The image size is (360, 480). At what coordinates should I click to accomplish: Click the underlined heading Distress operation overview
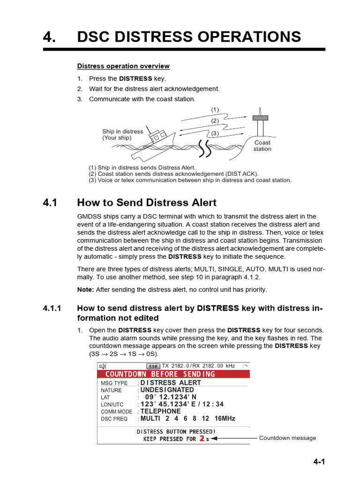pyautogui.click(x=123, y=66)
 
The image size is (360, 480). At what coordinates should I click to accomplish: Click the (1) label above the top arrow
pyautogui.click(x=215, y=110)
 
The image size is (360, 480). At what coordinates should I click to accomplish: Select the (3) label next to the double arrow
pyautogui.click(x=215, y=134)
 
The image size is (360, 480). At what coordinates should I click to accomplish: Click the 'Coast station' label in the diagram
pyautogui.click(x=262, y=146)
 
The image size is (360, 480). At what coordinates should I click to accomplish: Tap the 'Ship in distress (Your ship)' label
pyautogui.click(x=122, y=135)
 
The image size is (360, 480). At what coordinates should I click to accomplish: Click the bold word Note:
pyautogui.click(x=86, y=290)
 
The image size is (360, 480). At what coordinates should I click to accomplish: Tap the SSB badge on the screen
pyautogui.click(x=153, y=366)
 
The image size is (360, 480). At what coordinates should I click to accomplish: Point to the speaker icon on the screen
pyautogui.click(x=102, y=366)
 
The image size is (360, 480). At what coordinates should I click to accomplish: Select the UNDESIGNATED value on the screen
pyautogui.click(x=167, y=390)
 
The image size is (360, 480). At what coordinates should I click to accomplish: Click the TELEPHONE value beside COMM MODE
pyautogui.click(x=160, y=411)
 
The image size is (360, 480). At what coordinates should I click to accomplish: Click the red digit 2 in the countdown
pyautogui.click(x=202, y=439)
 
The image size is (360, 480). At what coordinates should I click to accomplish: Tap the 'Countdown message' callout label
pyautogui.click(x=287, y=438)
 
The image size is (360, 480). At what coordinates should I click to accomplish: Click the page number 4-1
pyautogui.click(x=319, y=462)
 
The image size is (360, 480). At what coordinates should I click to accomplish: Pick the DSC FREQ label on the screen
pyautogui.click(x=114, y=419)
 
